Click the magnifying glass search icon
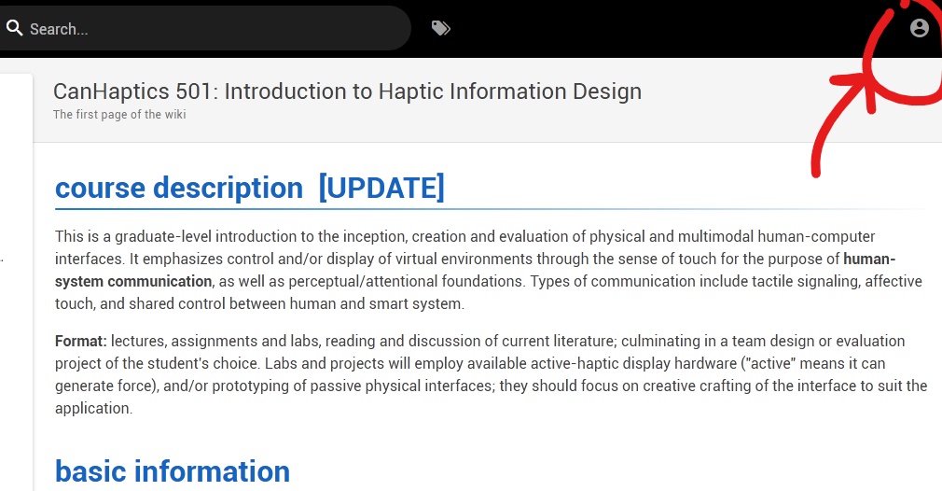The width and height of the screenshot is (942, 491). point(13,29)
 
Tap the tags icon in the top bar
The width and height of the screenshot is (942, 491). point(441,29)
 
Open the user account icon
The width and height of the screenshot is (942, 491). point(920,28)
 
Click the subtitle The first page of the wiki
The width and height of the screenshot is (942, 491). point(119,115)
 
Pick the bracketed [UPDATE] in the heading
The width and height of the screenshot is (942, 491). point(381,189)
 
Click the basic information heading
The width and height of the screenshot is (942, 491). point(173,471)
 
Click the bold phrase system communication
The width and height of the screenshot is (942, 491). point(133,281)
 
